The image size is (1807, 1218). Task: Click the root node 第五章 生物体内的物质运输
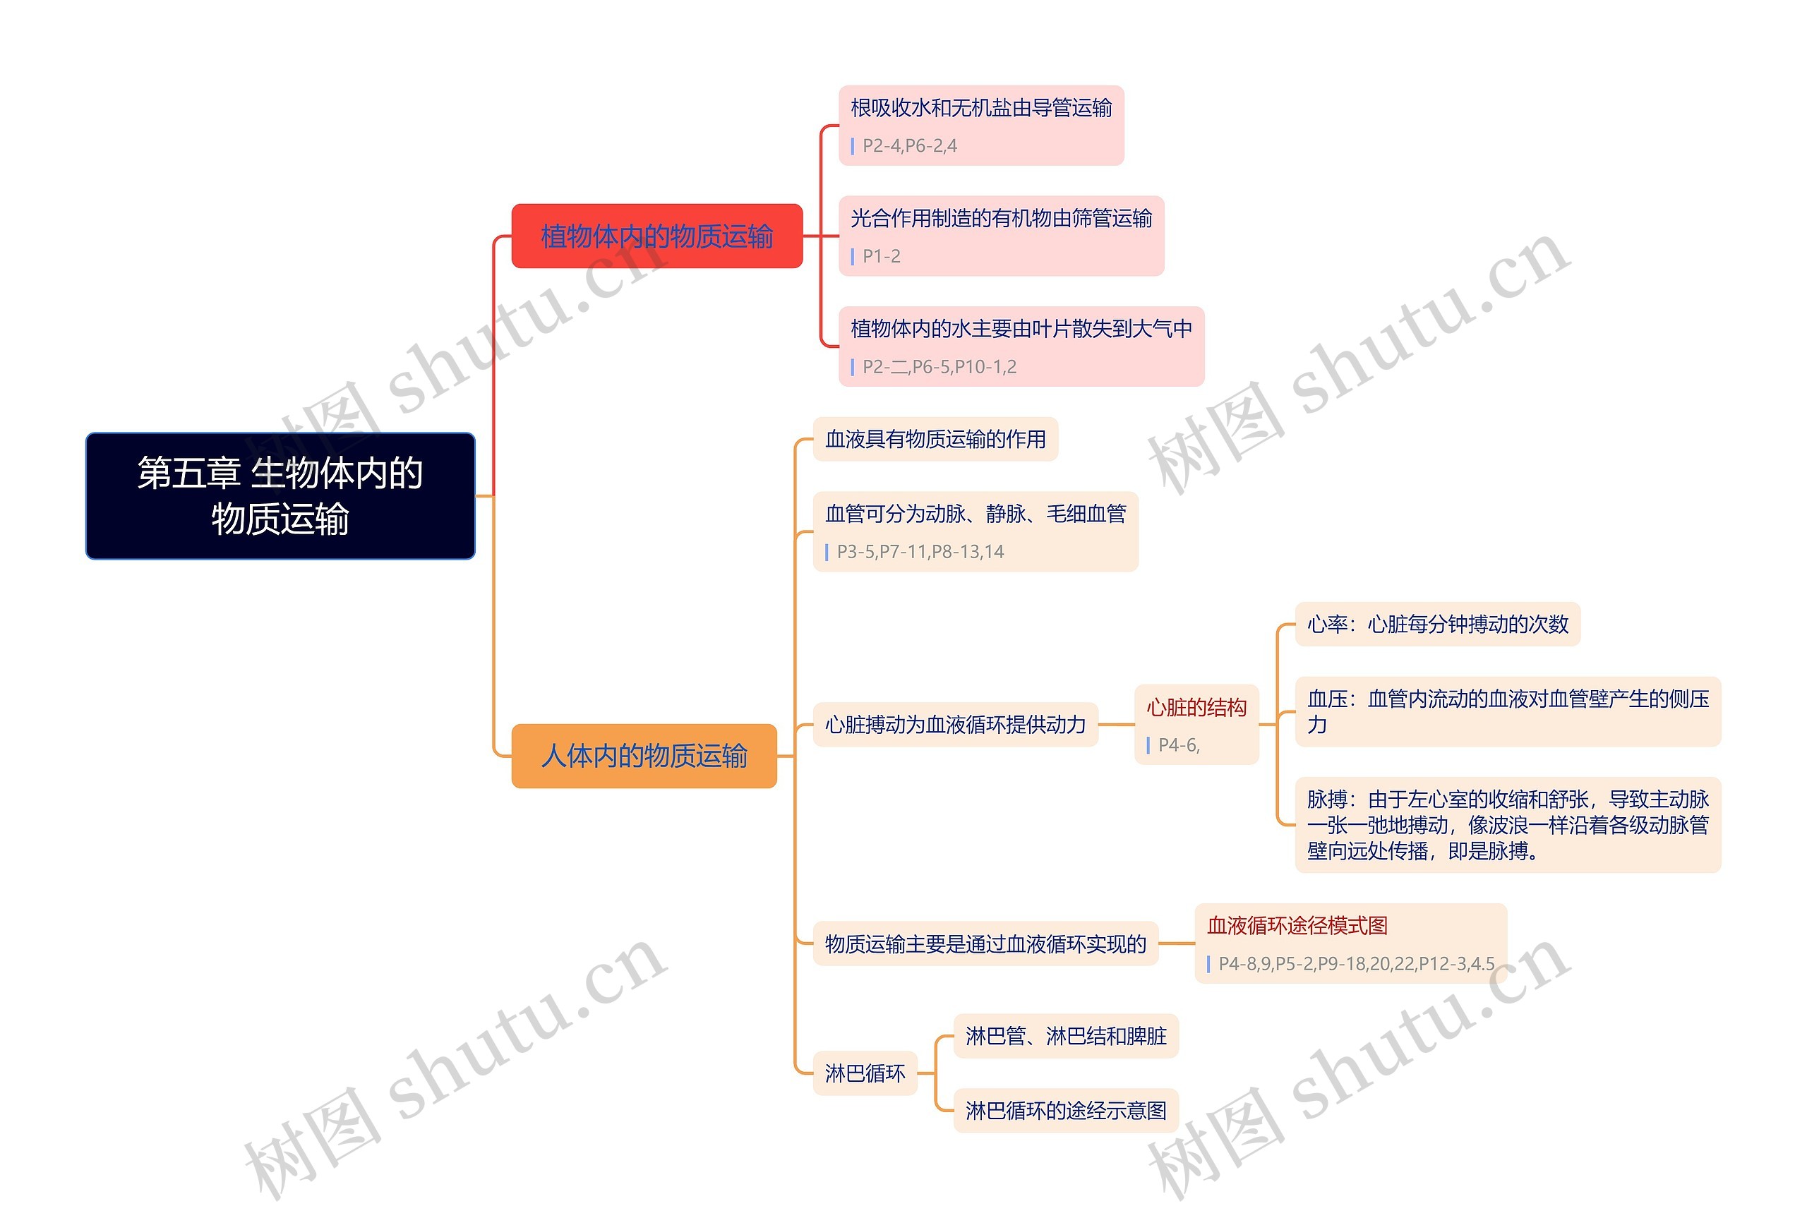(x=280, y=495)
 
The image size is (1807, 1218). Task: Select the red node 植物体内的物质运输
(x=656, y=236)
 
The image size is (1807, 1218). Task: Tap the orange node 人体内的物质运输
(x=644, y=756)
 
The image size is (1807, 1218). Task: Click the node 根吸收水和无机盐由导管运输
(x=980, y=108)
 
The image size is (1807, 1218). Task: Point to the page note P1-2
(x=881, y=256)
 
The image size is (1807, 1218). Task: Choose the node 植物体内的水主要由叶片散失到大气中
(x=1021, y=330)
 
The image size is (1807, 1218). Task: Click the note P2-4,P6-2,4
(x=909, y=146)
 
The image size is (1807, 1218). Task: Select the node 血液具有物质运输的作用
(x=935, y=440)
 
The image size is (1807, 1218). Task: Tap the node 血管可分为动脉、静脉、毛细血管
(x=975, y=514)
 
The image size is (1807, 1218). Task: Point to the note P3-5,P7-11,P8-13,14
(x=920, y=553)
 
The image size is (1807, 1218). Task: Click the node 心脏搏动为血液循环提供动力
(x=955, y=725)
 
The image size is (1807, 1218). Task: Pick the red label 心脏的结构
(x=1196, y=708)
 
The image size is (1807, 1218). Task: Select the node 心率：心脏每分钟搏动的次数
(x=1437, y=625)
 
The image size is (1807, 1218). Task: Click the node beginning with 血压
(x=1507, y=711)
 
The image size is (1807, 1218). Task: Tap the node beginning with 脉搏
(x=1507, y=825)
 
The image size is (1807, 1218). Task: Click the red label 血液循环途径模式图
(x=1297, y=926)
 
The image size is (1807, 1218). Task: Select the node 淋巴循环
(x=865, y=1073)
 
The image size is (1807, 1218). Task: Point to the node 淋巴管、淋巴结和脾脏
(x=1065, y=1036)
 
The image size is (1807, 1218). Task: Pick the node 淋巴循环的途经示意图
(x=1065, y=1111)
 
